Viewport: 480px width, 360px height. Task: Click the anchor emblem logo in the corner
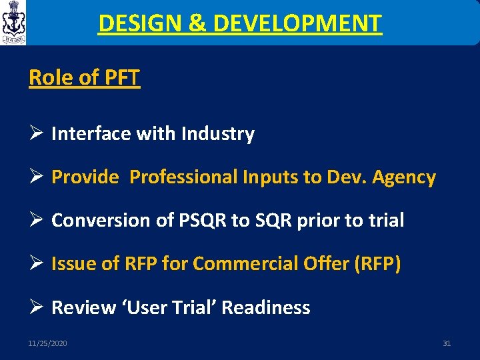pos(13,23)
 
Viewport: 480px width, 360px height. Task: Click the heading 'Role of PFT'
pos(85,77)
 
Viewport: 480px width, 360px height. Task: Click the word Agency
pos(404,177)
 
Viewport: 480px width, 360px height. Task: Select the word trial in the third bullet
pos(385,221)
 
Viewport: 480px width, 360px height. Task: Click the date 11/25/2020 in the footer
pos(47,343)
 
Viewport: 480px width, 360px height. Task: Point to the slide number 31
pos(447,343)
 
